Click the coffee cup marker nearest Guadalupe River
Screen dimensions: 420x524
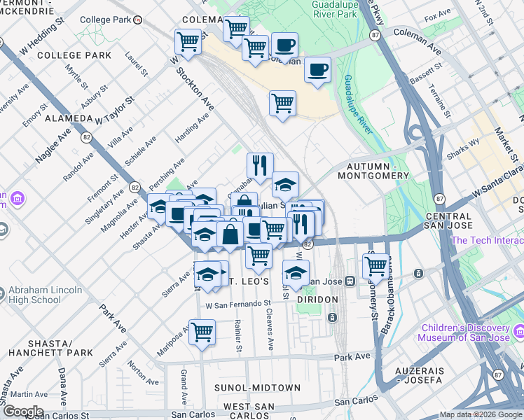tap(317, 70)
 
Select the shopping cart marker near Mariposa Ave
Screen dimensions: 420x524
tap(202, 331)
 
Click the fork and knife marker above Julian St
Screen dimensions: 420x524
tap(260, 165)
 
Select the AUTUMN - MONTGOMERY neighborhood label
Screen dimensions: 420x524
tap(382, 172)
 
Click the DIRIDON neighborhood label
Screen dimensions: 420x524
tap(317, 299)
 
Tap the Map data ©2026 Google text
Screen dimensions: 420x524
tap(481, 414)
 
